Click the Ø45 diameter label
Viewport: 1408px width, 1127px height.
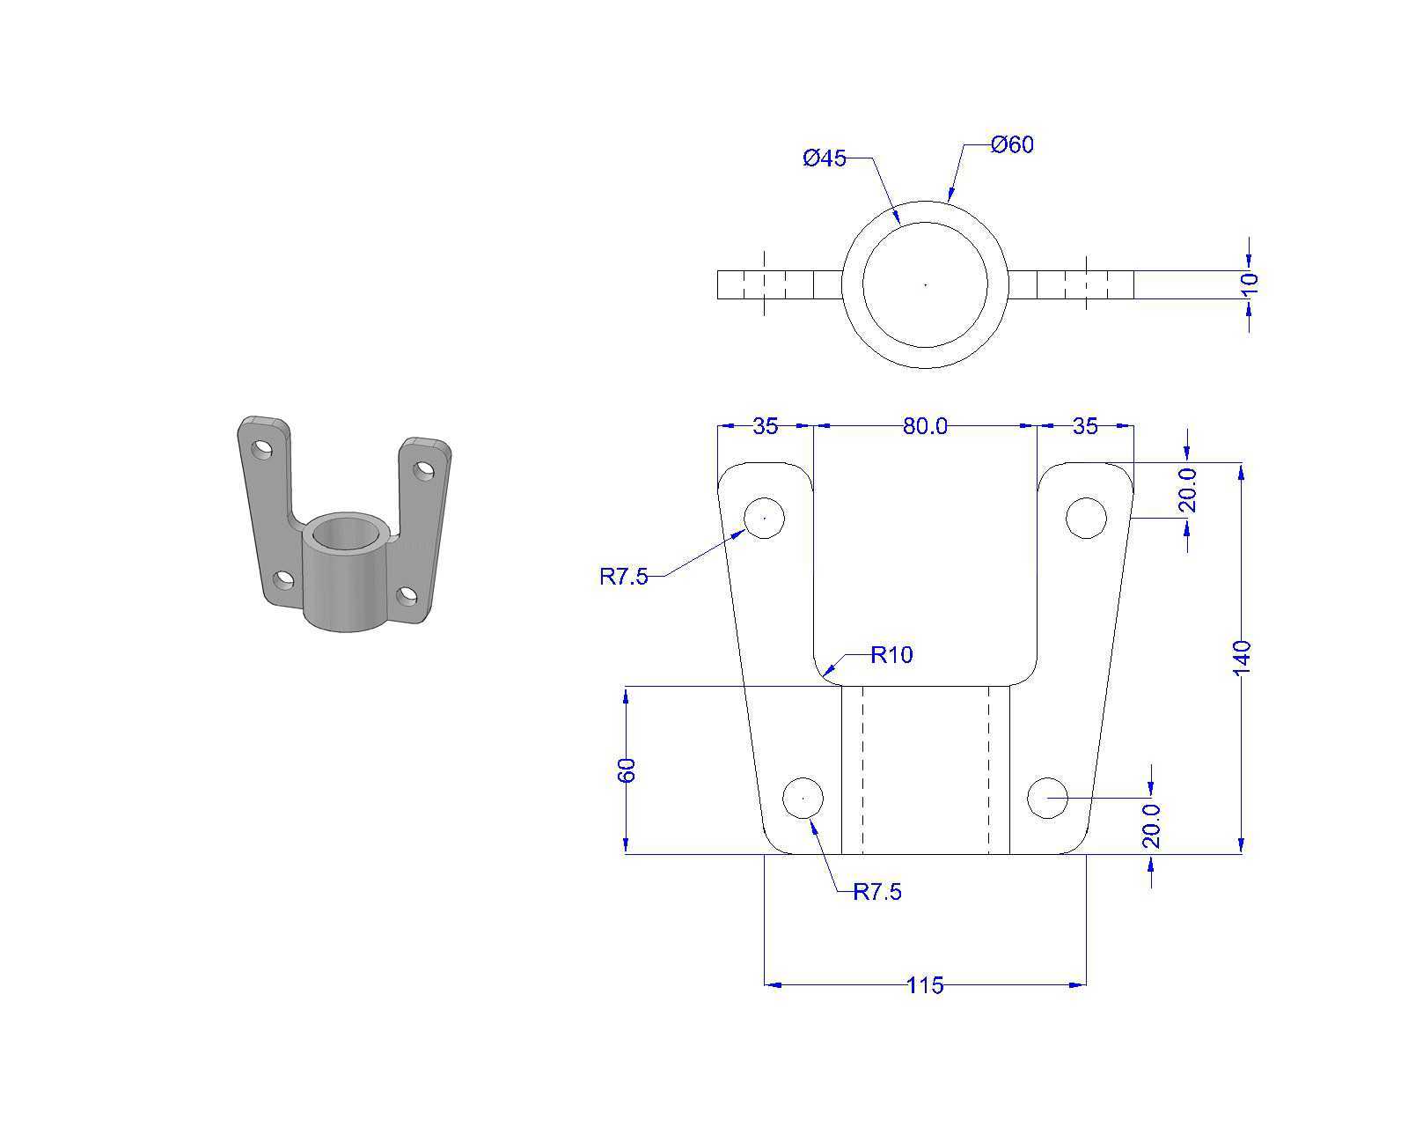824,158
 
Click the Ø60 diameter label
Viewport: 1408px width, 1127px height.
1011,144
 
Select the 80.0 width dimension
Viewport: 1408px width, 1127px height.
925,426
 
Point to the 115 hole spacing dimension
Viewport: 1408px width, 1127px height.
925,985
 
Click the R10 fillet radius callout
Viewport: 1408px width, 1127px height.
891,654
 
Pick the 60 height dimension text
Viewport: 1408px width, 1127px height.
627,770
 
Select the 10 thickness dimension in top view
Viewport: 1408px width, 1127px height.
1249,284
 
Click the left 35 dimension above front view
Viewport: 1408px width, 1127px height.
765,426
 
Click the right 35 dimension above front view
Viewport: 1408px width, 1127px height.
1085,426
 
